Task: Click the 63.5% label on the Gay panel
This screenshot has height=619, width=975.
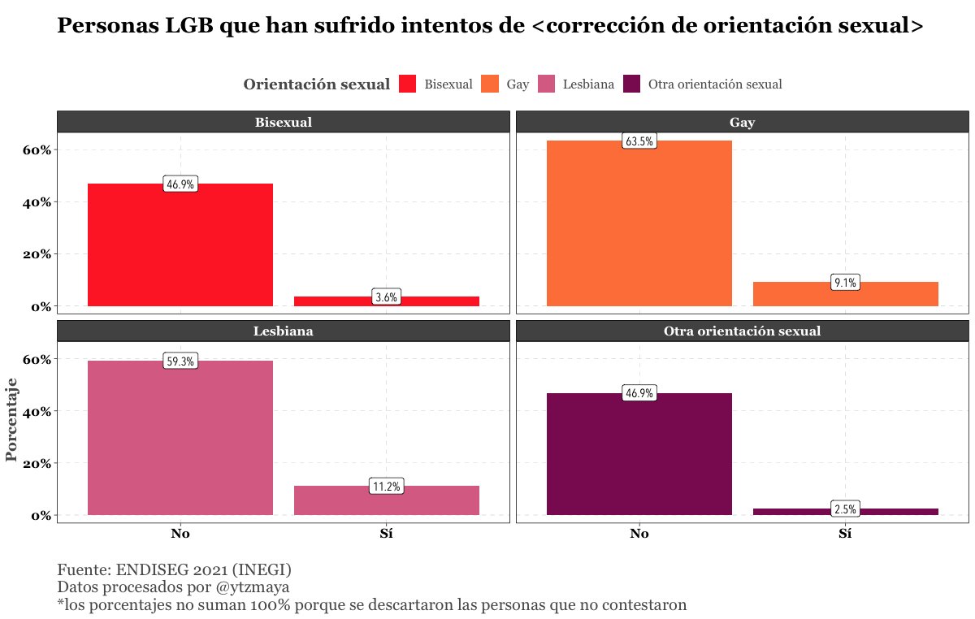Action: [x=639, y=141]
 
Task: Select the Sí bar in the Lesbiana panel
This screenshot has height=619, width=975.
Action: [x=387, y=500]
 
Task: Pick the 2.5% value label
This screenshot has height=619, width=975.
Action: [x=845, y=509]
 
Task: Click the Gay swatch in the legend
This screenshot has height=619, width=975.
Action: [x=489, y=84]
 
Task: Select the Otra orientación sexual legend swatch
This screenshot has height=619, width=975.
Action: [x=631, y=84]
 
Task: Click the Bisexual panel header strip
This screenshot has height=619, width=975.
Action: [x=283, y=123]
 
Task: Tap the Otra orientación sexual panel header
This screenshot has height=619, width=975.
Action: [x=742, y=331]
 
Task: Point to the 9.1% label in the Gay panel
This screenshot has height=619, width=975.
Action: [x=845, y=283]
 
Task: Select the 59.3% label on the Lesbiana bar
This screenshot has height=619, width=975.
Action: [x=180, y=361]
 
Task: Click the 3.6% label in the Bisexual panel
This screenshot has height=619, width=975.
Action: [x=386, y=297]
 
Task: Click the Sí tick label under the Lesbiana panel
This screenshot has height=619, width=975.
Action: [x=387, y=534]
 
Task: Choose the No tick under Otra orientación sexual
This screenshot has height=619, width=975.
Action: [x=639, y=534]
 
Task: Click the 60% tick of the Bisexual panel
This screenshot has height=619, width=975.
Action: [x=37, y=150]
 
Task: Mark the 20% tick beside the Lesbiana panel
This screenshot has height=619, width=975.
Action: [x=37, y=464]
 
